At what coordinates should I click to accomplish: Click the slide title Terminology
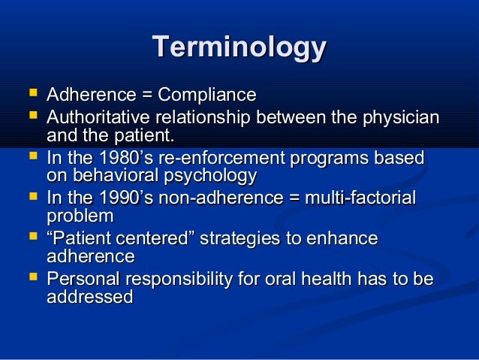[x=239, y=47]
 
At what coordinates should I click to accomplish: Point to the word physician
[x=399, y=118]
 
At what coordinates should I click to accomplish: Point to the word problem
[x=80, y=216]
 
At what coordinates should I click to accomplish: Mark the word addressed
[x=89, y=297]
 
